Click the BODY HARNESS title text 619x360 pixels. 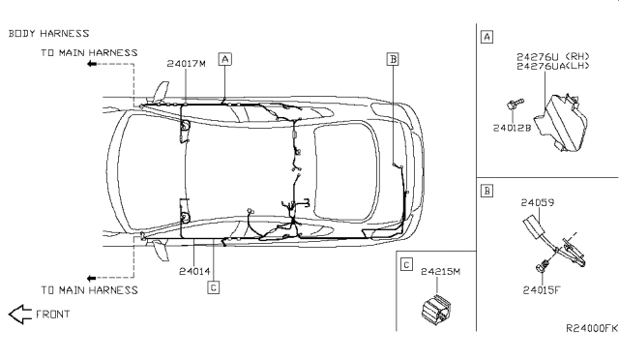(49, 34)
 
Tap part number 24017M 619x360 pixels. (187, 64)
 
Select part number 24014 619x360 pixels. (194, 272)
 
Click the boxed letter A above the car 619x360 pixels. (225, 59)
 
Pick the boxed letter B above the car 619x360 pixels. (393, 59)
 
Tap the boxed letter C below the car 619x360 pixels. (213, 287)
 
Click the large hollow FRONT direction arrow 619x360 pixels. (20, 315)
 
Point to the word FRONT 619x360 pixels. (53, 315)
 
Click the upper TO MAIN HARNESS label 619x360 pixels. (89, 53)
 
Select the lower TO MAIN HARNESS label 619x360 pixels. (89, 290)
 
